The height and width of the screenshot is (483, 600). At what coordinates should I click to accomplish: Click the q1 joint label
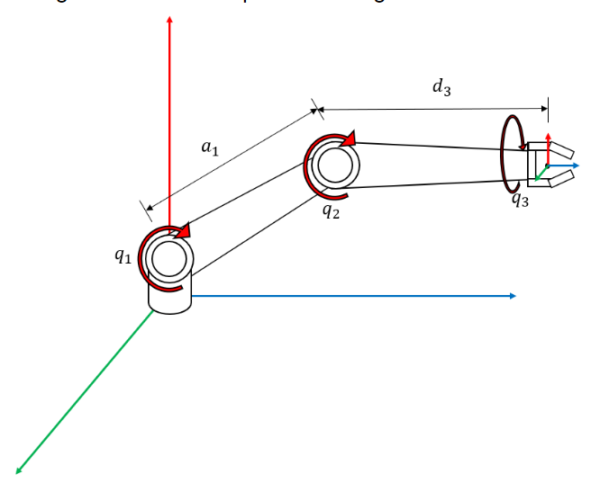click(122, 255)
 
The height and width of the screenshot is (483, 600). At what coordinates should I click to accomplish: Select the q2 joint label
click(330, 212)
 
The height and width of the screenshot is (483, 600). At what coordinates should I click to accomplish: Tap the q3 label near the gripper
click(520, 200)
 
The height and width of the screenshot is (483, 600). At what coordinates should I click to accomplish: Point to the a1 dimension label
click(209, 148)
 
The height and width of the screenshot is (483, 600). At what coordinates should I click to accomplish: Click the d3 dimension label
click(441, 87)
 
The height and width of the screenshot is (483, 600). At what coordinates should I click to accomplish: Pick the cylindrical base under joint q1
click(169, 300)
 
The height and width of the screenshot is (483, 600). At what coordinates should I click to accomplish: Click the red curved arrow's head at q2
click(350, 139)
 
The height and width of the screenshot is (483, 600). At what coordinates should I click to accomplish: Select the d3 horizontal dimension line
click(432, 109)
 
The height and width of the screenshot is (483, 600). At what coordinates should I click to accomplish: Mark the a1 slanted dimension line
click(231, 158)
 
